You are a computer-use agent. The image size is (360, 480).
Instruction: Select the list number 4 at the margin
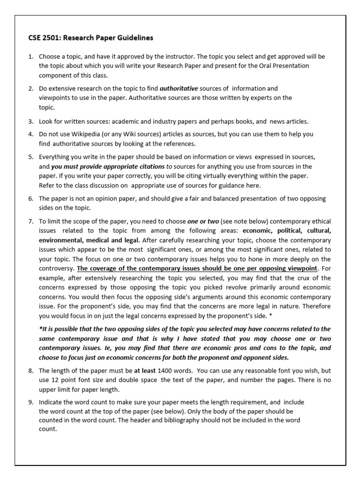(30, 134)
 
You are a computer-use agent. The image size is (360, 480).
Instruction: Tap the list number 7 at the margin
(30, 221)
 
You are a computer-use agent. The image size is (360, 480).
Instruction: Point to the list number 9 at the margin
(30, 402)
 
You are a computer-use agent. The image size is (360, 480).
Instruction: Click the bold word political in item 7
(291, 231)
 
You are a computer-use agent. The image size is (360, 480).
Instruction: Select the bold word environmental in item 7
(60, 240)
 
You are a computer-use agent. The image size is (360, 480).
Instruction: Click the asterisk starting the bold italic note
(40, 329)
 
